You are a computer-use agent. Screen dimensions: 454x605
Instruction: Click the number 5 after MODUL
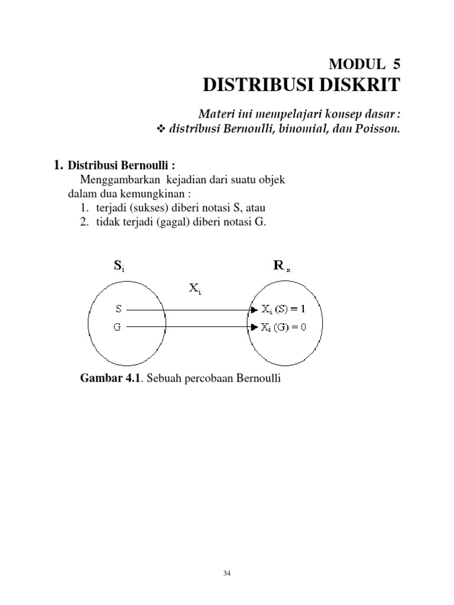click(x=395, y=64)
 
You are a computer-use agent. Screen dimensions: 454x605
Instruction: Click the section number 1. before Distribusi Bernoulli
click(x=58, y=165)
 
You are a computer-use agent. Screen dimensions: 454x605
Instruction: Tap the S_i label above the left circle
click(x=119, y=266)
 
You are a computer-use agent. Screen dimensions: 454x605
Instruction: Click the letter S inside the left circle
click(x=118, y=308)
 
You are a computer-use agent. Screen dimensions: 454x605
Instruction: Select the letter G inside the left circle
click(x=118, y=326)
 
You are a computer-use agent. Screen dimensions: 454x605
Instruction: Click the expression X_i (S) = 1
click(x=284, y=308)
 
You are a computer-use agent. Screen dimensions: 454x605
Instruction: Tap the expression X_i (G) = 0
click(x=284, y=326)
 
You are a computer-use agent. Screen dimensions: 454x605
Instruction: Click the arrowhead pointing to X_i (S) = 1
click(x=255, y=309)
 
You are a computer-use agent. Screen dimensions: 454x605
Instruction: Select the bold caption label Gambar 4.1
click(x=111, y=378)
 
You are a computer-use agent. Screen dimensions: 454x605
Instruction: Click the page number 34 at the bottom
click(x=227, y=573)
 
